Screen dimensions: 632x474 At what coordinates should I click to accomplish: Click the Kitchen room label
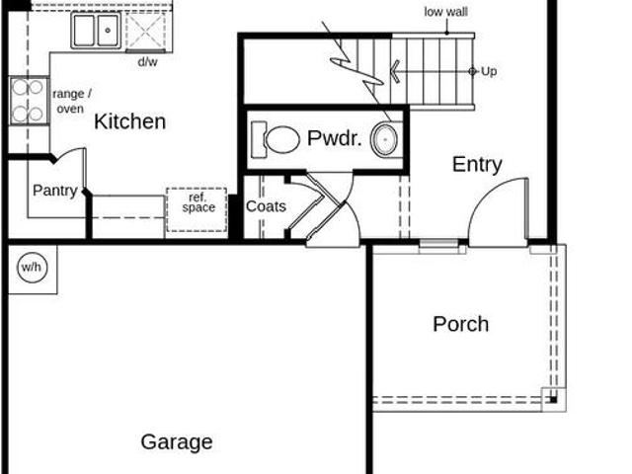tap(129, 121)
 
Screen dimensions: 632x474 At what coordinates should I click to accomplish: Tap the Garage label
tap(177, 442)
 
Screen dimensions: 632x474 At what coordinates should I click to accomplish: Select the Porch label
tap(461, 324)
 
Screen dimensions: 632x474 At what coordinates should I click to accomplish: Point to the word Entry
tap(477, 165)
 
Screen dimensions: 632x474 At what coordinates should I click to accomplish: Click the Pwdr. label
tap(334, 138)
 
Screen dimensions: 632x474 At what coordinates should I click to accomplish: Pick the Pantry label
tap(55, 191)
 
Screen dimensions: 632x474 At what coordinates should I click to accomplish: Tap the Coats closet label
tap(266, 206)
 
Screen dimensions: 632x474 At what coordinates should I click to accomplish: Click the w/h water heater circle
tap(33, 268)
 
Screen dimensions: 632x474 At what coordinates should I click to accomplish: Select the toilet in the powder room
tap(276, 139)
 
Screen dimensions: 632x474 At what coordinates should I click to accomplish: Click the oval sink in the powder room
tap(385, 139)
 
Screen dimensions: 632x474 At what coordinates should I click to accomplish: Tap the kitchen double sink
tap(97, 31)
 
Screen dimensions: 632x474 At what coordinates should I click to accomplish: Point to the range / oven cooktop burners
tap(28, 101)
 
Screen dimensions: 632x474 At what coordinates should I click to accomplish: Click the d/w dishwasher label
tap(147, 62)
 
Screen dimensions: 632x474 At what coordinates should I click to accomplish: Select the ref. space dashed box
tap(197, 209)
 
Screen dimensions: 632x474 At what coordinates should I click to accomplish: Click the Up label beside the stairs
tap(489, 72)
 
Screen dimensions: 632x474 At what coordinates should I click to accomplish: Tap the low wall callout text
tap(445, 12)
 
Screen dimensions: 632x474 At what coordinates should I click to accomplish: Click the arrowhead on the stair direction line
tap(395, 72)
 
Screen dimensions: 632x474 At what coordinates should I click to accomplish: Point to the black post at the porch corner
tap(553, 400)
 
